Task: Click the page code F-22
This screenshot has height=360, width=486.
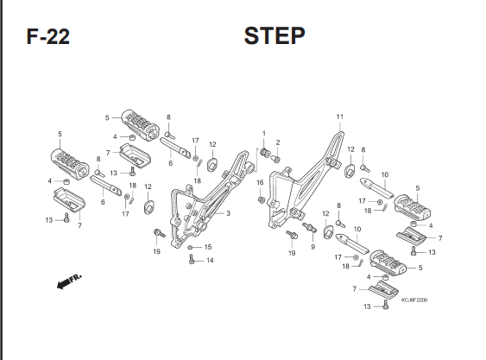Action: tap(48, 36)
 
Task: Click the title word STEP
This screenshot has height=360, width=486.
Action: tap(275, 35)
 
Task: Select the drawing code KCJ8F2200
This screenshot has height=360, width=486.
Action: tap(414, 300)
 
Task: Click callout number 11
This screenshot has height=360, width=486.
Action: tap(340, 117)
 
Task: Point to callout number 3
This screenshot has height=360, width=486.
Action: tap(228, 213)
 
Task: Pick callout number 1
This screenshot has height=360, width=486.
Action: tap(264, 134)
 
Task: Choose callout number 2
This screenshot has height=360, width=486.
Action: tap(278, 142)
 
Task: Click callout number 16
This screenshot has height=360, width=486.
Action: tap(260, 182)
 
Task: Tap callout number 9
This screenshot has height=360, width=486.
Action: tap(313, 247)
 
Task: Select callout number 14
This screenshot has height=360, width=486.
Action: tap(210, 260)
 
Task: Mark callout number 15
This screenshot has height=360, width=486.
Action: tap(208, 247)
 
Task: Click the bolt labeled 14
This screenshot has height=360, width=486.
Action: tap(192, 259)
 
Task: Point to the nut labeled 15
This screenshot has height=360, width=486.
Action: tap(190, 247)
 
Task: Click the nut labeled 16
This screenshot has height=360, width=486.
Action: tap(262, 200)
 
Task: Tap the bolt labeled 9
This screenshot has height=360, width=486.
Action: tap(309, 227)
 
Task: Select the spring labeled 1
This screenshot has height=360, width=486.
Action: tap(265, 153)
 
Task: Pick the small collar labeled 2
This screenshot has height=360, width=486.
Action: tap(276, 160)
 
